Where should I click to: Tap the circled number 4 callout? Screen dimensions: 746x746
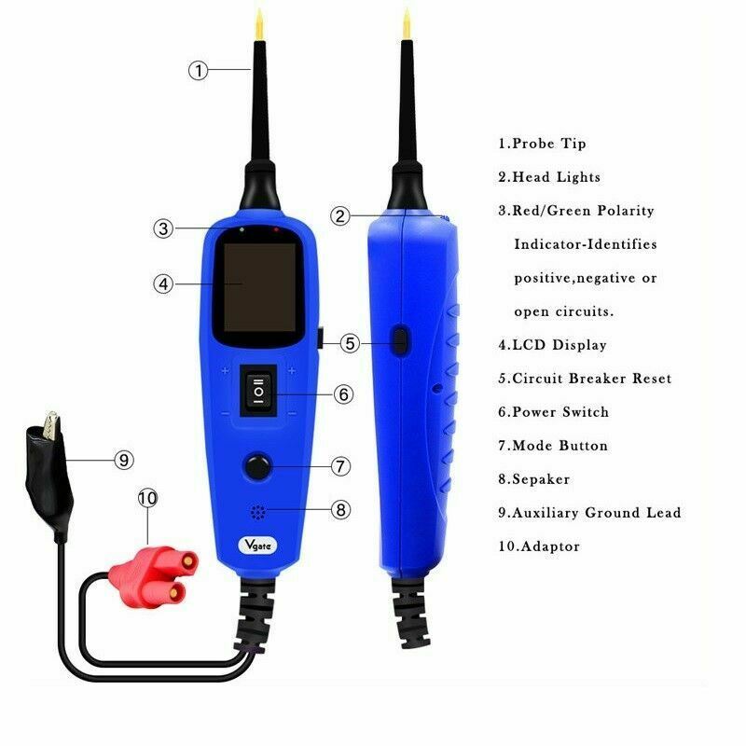pos(164,284)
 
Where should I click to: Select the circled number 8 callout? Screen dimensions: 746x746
pos(340,509)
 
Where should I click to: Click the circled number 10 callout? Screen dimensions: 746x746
pos(147,498)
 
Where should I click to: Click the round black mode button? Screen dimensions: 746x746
pos(256,465)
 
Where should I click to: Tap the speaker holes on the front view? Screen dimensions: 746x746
pos(256,512)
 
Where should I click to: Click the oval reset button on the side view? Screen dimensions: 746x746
pos(399,341)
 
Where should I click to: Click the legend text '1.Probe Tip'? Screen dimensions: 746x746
pos(542,144)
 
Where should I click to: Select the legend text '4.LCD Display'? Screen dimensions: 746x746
pos(552,345)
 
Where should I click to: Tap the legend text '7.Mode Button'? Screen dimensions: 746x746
pos(553,446)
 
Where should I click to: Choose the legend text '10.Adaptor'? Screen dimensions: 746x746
pos(538,546)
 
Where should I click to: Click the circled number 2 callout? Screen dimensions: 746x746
pos(340,215)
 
